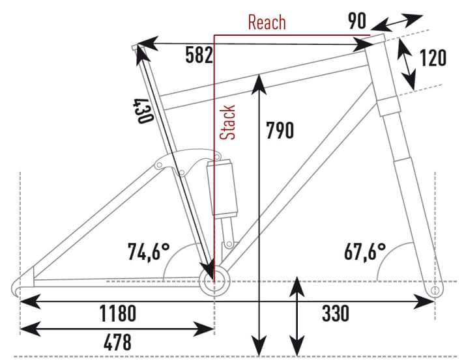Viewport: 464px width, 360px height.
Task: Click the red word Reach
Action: [267, 22]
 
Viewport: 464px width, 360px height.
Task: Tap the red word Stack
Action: [227, 123]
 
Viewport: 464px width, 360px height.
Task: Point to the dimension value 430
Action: [143, 111]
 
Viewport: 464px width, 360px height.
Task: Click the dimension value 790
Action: [280, 130]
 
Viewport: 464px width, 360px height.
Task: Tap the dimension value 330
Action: [336, 313]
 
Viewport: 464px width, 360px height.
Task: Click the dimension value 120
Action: [432, 58]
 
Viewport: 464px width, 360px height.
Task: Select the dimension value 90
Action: [356, 21]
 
